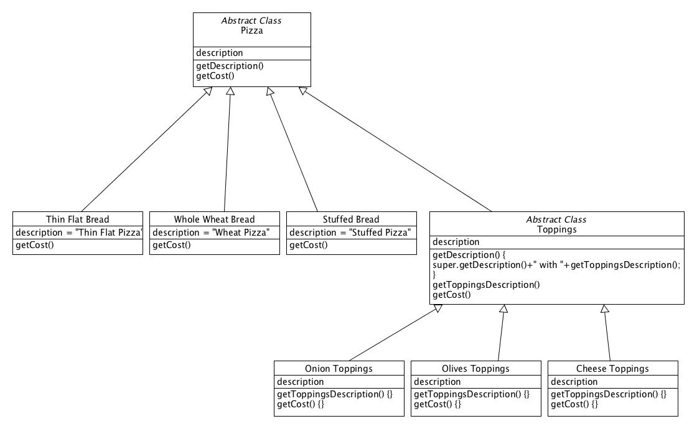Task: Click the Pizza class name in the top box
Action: [x=251, y=30]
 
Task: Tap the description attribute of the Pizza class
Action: [x=220, y=53]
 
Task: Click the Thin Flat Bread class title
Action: [x=78, y=219]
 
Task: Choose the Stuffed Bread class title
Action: [x=351, y=219]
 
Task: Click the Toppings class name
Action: [x=556, y=229]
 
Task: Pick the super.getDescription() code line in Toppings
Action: [x=556, y=265]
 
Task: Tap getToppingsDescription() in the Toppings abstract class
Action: [x=486, y=285]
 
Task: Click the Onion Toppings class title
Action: [x=339, y=369]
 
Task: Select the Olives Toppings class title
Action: [x=475, y=369]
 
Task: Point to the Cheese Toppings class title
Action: [x=612, y=369]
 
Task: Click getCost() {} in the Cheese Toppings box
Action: [x=574, y=405]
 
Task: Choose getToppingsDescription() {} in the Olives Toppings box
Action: [x=472, y=395]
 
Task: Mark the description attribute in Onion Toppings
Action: [x=301, y=382]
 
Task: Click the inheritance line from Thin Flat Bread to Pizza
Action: [x=146, y=149]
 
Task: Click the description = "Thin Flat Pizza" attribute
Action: [x=79, y=233]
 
